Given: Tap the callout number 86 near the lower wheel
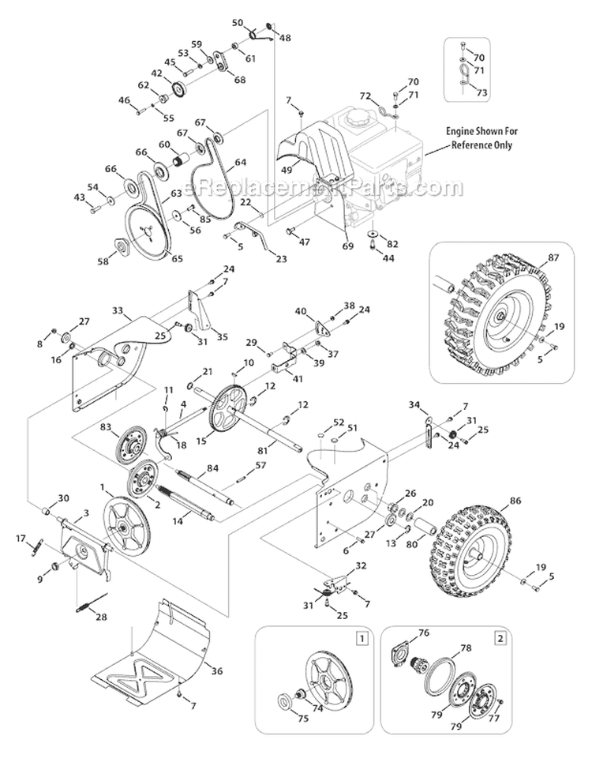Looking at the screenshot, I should click(x=539, y=501).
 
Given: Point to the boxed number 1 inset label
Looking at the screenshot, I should click(x=362, y=636).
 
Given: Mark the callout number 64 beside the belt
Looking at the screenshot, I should click(x=241, y=163).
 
